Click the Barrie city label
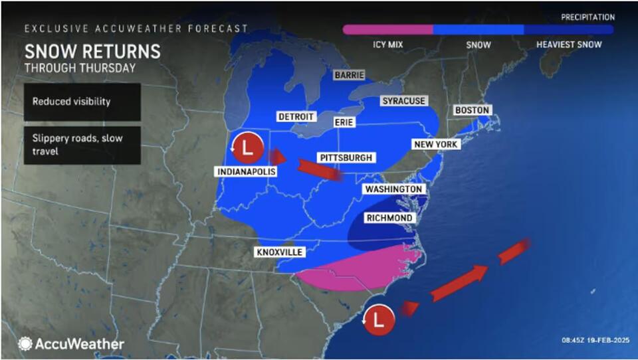click(350, 75)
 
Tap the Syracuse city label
click(403, 101)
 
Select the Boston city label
click(472, 110)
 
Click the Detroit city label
click(296, 117)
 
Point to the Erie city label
click(344, 122)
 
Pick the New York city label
click(435, 144)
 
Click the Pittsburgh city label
click(346, 157)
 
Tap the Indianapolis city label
click(245, 172)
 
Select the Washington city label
click(393, 189)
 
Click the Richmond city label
click(390, 218)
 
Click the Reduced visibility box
click(82, 102)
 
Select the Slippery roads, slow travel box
click(82, 145)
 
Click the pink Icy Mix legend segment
click(387, 30)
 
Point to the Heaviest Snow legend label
click(568, 45)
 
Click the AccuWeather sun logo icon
click(25, 343)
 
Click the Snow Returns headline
click(92, 52)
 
